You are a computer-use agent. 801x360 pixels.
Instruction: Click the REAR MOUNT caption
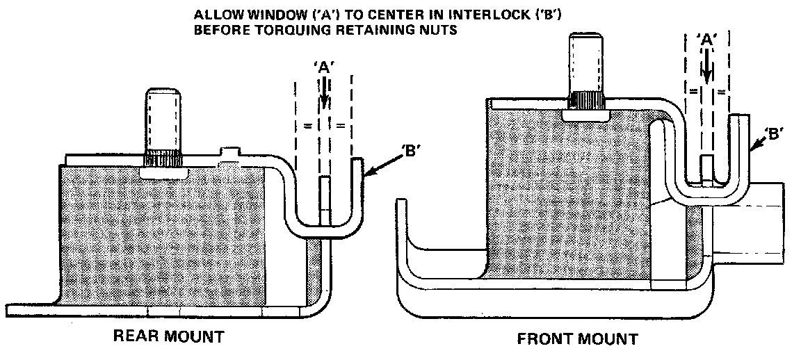(x=169, y=337)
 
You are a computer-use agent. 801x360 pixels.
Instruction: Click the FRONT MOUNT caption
(x=577, y=340)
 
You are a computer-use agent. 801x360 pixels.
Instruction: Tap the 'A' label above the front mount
(x=706, y=40)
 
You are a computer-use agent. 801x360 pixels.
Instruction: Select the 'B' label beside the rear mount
(x=411, y=149)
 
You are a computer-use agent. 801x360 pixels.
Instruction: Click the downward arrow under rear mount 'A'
(x=324, y=92)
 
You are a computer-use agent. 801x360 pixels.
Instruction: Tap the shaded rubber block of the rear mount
(x=163, y=236)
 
